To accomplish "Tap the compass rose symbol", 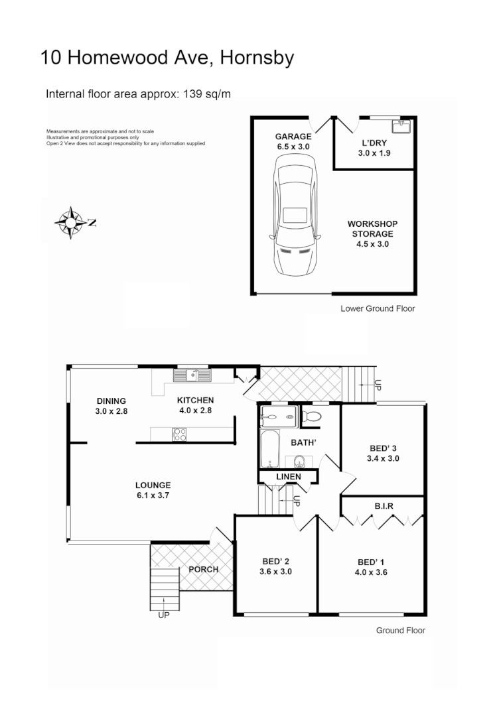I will pos(70,223).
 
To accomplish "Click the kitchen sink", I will pos(192,375).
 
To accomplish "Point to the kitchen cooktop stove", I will pos(179,435).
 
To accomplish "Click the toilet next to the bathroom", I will pos(311,416).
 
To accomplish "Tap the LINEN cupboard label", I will pos(288,477).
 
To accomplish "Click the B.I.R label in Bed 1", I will pos(385,506).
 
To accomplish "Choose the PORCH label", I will pos(204,570).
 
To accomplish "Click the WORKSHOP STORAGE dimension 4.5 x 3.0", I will pos(372,244).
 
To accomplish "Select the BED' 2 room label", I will pos(275,560).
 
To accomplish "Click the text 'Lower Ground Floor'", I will pos(378,308).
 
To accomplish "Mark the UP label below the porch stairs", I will pos(163,615).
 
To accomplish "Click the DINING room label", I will pos(111,401).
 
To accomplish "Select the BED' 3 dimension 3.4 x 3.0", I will pos(383,458).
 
